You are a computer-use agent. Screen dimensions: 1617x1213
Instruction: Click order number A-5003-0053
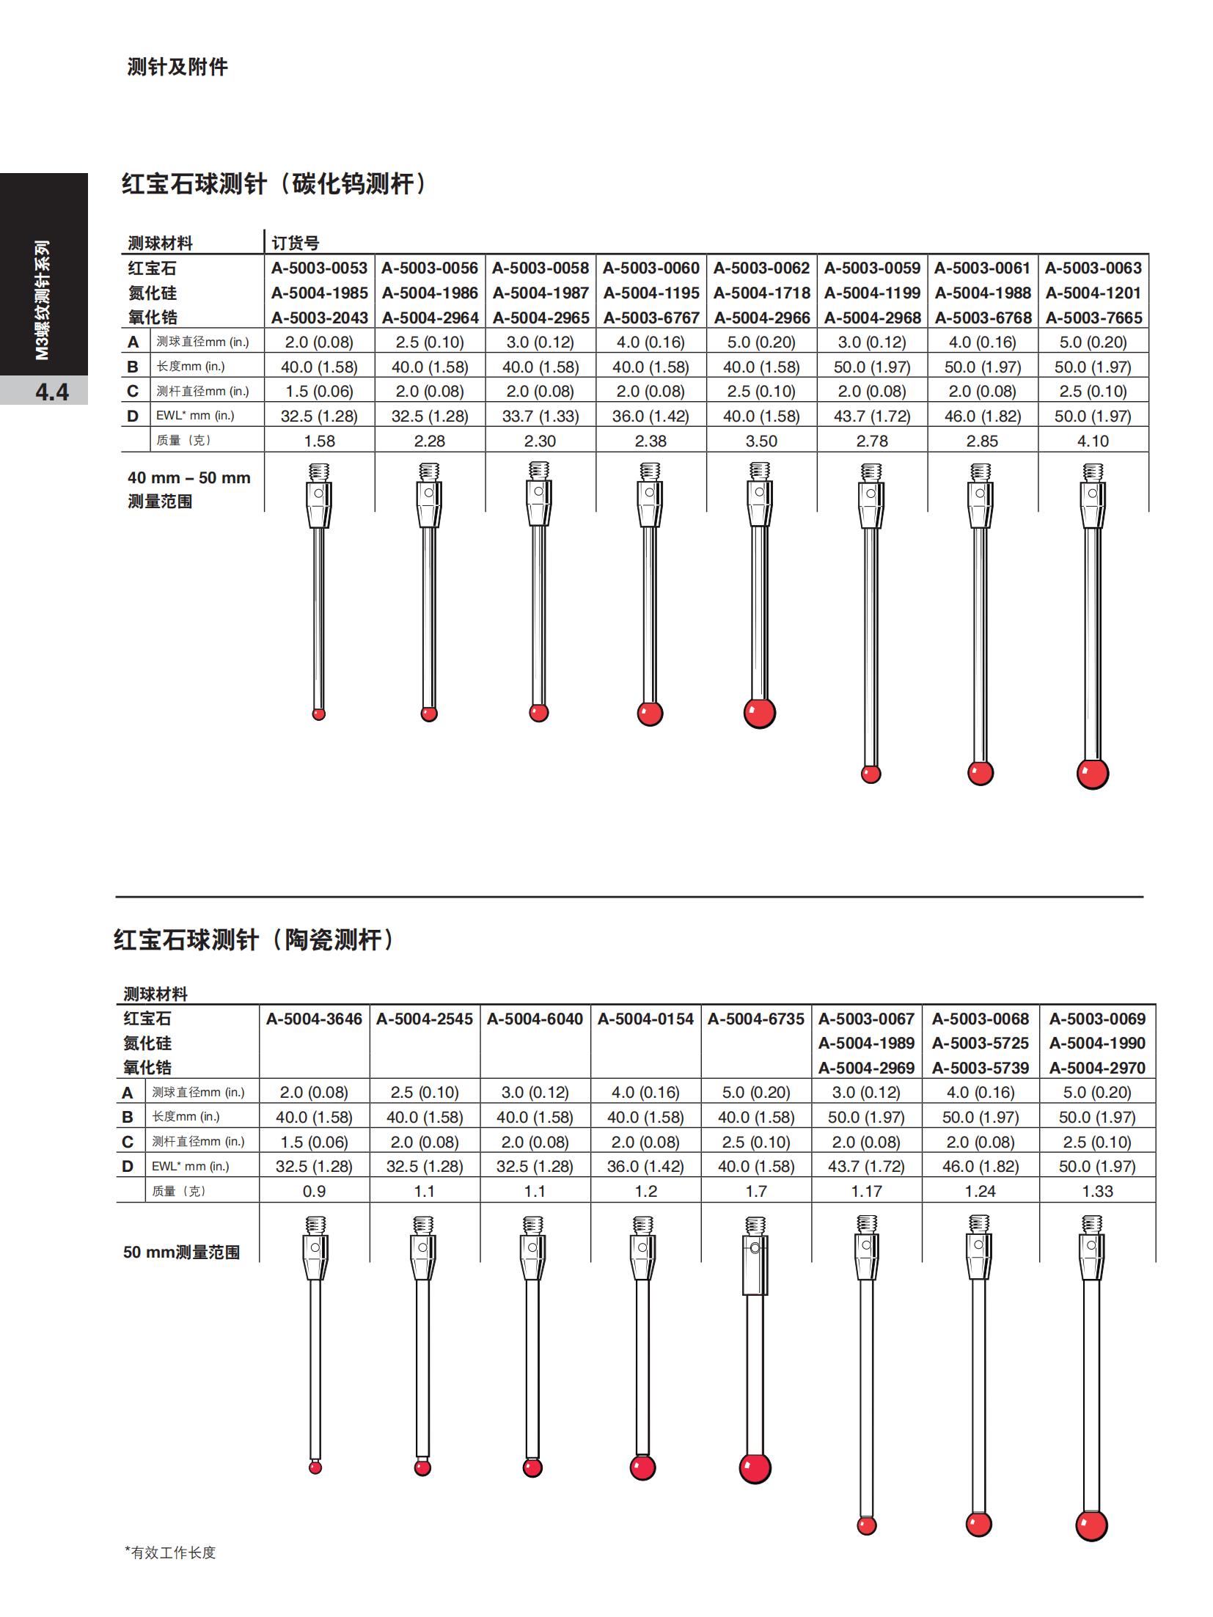pos(319,268)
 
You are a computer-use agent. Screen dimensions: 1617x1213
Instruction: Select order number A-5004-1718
pos(761,293)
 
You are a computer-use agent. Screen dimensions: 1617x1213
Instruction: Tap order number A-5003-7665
pos(1093,318)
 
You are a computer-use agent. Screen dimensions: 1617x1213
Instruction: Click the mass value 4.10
pos(1093,441)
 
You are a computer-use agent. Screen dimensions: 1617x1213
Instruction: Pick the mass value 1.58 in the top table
pos(319,441)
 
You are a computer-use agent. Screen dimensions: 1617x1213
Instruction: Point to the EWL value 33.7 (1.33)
pos(540,417)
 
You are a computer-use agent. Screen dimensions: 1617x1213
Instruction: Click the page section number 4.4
pos(52,392)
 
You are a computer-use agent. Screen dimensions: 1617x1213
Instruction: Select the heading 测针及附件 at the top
pos(177,67)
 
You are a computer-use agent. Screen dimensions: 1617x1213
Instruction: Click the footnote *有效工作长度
pos(170,1552)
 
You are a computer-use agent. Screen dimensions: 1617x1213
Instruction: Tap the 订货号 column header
pos(296,243)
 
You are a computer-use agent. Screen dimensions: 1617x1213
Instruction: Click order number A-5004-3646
pos(314,1019)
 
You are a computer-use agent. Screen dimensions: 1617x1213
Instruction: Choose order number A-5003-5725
pos(981,1043)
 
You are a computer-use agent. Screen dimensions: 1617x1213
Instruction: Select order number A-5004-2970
pos(1097,1068)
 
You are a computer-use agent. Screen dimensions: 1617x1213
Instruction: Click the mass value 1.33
pos(1097,1191)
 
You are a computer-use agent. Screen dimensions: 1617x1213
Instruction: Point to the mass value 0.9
pos(314,1191)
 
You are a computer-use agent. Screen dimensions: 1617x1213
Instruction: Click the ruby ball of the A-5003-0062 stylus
pos(760,713)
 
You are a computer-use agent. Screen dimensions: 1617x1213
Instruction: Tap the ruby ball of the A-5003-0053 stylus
pos(318,714)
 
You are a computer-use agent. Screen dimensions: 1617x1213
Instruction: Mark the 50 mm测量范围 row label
pos(181,1253)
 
